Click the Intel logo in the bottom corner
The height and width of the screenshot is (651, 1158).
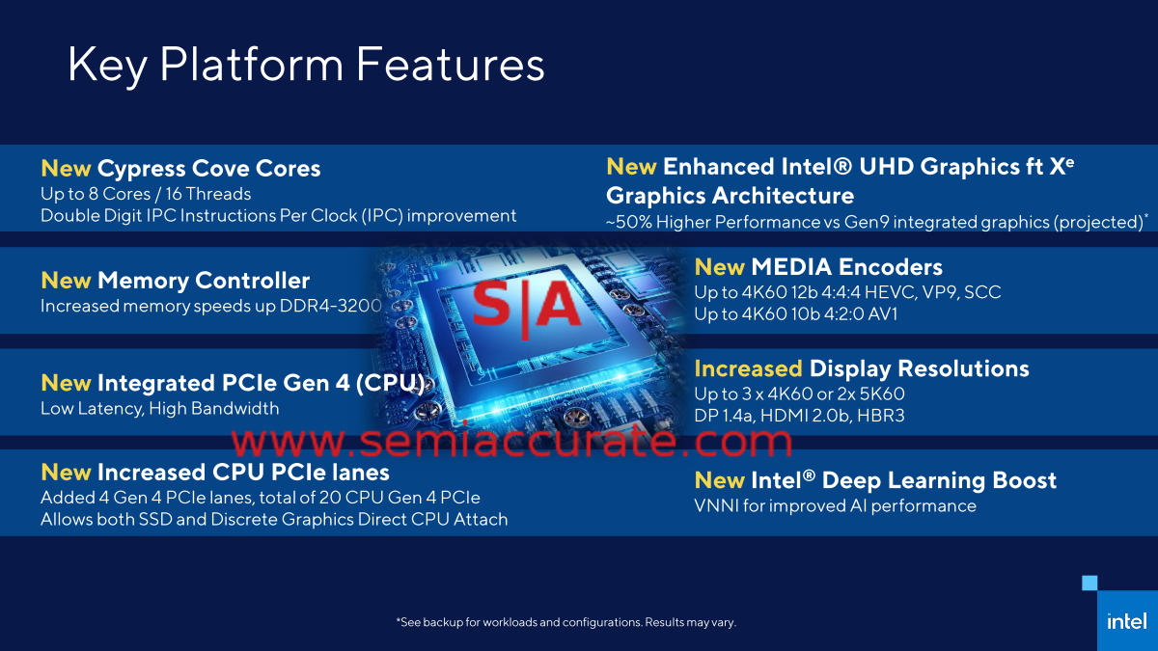click(1127, 621)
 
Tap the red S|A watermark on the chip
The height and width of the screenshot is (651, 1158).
click(526, 308)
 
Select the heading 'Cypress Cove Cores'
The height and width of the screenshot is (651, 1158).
click(208, 169)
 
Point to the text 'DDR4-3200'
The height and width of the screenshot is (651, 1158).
click(330, 306)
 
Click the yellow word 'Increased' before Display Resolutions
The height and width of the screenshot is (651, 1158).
click(748, 368)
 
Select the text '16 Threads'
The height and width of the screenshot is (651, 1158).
click(208, 194)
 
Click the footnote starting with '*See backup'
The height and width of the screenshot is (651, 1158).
click(566, 622)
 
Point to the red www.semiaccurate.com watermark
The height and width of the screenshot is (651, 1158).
click(511, 440)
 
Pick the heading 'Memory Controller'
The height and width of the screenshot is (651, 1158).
click(204, 281)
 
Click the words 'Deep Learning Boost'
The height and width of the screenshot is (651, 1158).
click(939, 480)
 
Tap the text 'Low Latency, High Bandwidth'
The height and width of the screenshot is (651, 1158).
click(160, 409)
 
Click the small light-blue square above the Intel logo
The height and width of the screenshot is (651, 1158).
click(1089, 583)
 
